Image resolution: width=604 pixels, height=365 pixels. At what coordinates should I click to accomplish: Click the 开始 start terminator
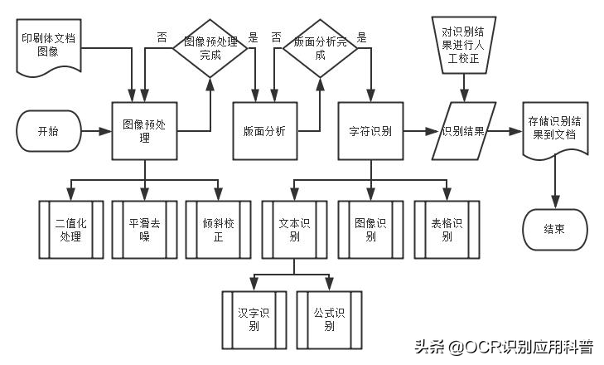coord(48,131)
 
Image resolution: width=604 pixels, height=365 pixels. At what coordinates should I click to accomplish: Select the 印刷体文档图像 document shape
coord(51,46)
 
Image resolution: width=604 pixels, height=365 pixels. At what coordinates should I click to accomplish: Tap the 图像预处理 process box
coord(144,131)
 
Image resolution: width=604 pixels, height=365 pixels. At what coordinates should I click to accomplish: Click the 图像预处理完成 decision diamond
coord(210,46)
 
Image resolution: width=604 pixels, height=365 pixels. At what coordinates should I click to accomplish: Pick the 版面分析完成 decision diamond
coord(321,46)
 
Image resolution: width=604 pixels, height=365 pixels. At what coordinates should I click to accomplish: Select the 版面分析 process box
coord(264,131)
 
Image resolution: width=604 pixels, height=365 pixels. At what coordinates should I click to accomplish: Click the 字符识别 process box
coord(370,131)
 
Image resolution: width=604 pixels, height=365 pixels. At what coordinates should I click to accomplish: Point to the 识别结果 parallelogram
coord(464,131)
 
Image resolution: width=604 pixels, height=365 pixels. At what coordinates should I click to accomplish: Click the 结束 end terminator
coord(554,228)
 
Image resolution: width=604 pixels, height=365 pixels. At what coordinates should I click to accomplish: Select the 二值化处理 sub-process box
coord(70,228)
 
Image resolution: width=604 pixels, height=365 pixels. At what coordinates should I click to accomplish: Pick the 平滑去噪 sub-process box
coord(143,228)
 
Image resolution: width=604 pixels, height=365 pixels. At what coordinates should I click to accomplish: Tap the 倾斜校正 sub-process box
coord(218,228)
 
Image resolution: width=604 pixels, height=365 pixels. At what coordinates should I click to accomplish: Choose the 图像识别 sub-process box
coord(370,228)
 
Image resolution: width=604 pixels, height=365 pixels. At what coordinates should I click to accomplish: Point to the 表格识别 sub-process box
coord(446,228)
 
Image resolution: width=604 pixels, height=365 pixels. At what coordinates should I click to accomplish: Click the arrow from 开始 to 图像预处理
coord(97,131)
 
